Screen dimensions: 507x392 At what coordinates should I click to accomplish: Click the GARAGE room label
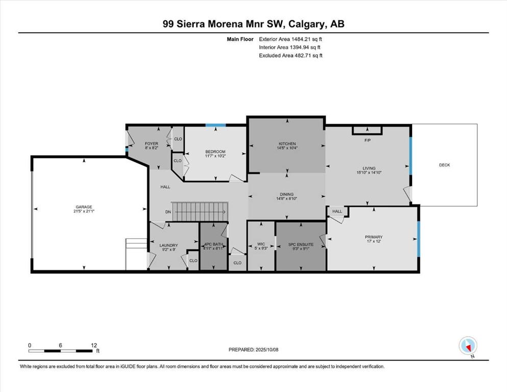pyautogui.click(x=84, y=207)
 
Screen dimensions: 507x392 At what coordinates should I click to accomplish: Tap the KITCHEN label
pyautogui.click(x=287, y=143)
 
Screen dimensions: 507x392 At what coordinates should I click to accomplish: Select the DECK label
pyautogui.click(x=444, y=165)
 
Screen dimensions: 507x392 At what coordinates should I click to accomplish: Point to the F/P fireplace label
pyautogui.click(x=367, y=140)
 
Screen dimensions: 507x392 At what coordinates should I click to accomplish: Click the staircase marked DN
pyautogui.click(x=200, y=212)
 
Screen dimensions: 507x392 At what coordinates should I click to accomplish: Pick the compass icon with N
pyautogui.click(x=468, y=346)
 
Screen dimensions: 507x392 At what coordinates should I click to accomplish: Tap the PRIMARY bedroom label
pyautogui.click(x=373, y=237)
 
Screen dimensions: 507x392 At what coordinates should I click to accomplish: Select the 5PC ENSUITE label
pyautogui.click(x=301, y=244)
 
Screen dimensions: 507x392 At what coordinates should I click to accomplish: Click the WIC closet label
pyautogui.click(x=261, y=244)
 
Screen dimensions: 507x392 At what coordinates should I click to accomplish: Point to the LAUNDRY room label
pyautogui.click(x=168, y=246)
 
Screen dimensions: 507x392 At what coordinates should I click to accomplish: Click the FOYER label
pyautogui.click(x=151, y=143)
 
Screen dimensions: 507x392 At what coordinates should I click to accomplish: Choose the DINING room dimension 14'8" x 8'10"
pyautogui.click(x=286, y=199)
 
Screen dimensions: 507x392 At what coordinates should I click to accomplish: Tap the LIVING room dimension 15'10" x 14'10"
pyautogui.click(x=369, y=173)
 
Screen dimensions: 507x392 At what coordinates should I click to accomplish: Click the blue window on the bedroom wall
pyautogui.click(x=215, y=126)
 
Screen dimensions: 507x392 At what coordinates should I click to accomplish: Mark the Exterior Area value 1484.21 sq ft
pyautogui.click(x=306, y=39)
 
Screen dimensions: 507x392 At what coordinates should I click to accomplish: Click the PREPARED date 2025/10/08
pyautogui.click(x=267, y=350)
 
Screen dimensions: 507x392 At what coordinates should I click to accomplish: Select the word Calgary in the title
pyautogui.click(x=306, y=24)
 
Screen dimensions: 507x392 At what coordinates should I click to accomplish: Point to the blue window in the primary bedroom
pyautogui.click(x=418, y=239)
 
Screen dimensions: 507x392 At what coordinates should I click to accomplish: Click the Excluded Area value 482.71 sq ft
pyautogui.click(x=308, y=55)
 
